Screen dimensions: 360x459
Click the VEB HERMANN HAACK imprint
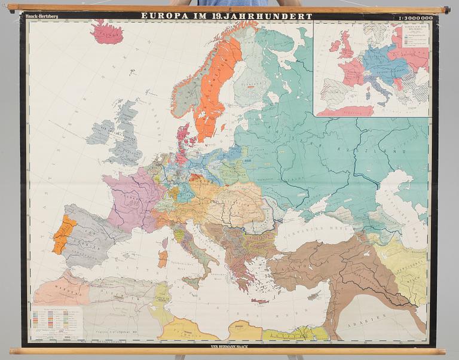pyautogui.click(x=229, y=345)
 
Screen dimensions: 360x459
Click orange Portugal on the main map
pyautogui.click(x=63, y=234)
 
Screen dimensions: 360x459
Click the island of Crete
pyautogui.click(x=261, y=301)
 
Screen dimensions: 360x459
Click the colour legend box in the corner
pyautogui.click(x=56, y=323)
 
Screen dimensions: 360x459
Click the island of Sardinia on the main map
pyautogui.click(x=163, y=258)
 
